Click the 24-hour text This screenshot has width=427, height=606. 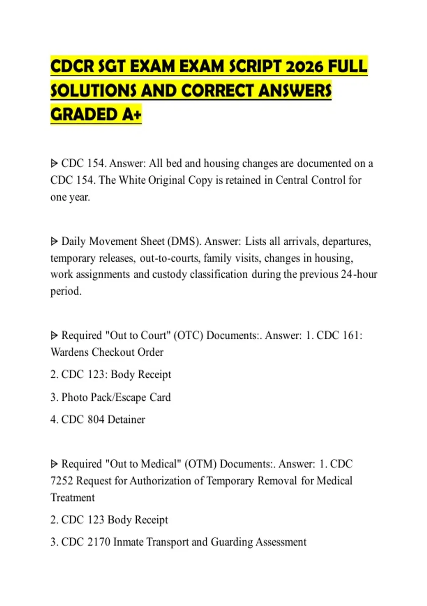click(x=359, y=274)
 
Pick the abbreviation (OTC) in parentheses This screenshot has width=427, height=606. click(x=188, y=335)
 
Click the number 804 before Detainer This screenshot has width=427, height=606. click(x=95, y=420)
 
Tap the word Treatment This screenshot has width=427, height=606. click(x=73, y=497)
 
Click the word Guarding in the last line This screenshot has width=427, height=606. click(x=231, y=542)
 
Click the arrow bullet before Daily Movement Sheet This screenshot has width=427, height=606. click(x=54, y=242)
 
